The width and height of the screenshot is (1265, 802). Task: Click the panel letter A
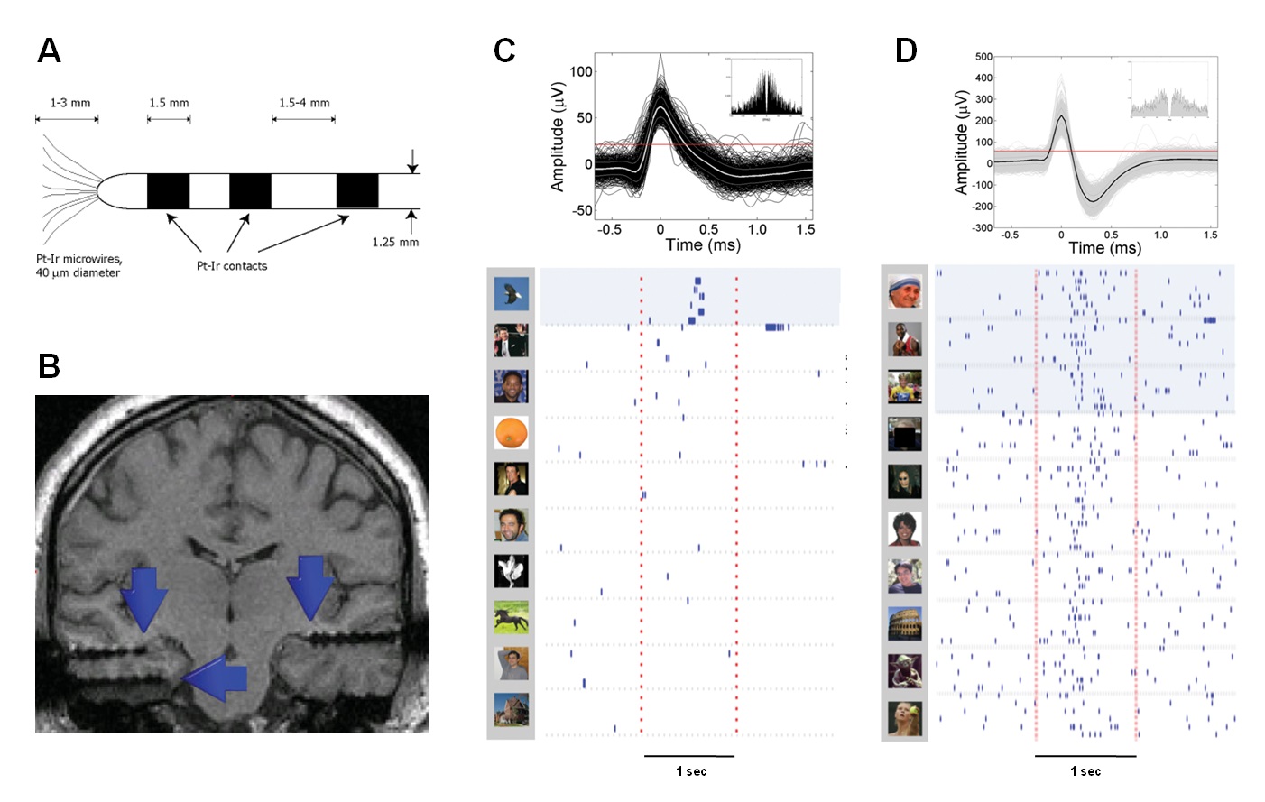point(49,51)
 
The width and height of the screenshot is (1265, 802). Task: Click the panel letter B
point(49,366)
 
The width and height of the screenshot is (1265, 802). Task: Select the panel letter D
point(905,51)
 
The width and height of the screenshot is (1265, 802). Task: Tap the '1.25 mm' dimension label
point(395,242)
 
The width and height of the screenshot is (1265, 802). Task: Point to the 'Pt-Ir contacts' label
point(232,266)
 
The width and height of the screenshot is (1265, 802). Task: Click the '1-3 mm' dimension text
point(70,103)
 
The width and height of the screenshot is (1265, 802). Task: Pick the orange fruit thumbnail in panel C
point(511,433)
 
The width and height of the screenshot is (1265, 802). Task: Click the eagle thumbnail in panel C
point(511,293)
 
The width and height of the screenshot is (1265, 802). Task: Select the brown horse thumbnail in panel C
point(511,618)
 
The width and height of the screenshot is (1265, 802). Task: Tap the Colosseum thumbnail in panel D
point(904,622)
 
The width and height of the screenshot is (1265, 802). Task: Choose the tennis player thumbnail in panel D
point(904,718)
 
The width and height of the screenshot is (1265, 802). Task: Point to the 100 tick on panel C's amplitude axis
point(581,71)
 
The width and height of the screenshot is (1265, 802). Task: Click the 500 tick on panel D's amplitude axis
point(983,57)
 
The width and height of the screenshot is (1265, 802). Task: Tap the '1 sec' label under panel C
point(691,771)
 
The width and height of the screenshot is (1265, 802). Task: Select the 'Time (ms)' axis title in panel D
point(1104,248)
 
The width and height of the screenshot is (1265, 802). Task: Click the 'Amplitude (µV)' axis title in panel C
point(558,136)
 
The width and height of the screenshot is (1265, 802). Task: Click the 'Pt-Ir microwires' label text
point(78,259)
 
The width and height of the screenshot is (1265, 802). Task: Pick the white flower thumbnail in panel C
point(511,571)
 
